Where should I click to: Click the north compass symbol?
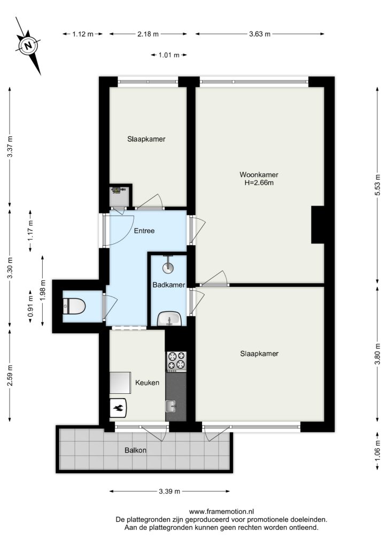pyautogui.click(x=28, y=45)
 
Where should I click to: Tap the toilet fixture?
pyautogui.click(x=74, y=306)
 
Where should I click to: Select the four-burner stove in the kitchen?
pyautogui.click(x=176, y=361)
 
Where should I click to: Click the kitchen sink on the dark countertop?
pyautogui.click(x=171, y=406)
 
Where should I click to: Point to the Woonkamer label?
pyautogui.click(x=259, y=174)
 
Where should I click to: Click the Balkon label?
pyautogui.click(x=135, y=450)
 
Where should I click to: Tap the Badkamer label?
pyautogui.click(x=169, y=285)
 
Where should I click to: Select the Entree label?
pyautogui.click(x=144, y=231)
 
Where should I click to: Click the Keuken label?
pyautogui.click(x=147, y=383)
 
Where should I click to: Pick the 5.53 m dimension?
pyautogui.click(x=377, y=185)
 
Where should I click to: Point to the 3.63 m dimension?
pyautogui.click(x=260, y=34)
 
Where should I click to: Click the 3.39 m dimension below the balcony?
pyautogui.click(x=169, y=491)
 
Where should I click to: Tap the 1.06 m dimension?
pyautogui.click(x=377, y=450)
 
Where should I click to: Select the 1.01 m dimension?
pyautogui.click(x=169, y=55)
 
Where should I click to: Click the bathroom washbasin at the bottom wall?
pyautogui.click(x=169, y=319)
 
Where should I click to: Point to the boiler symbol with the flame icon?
pyautogui.click(x=118, y=408)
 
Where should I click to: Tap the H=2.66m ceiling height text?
pyautogui.click(x=259, y=182)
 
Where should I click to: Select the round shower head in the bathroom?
pyautogui.click(x=168, y=268)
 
